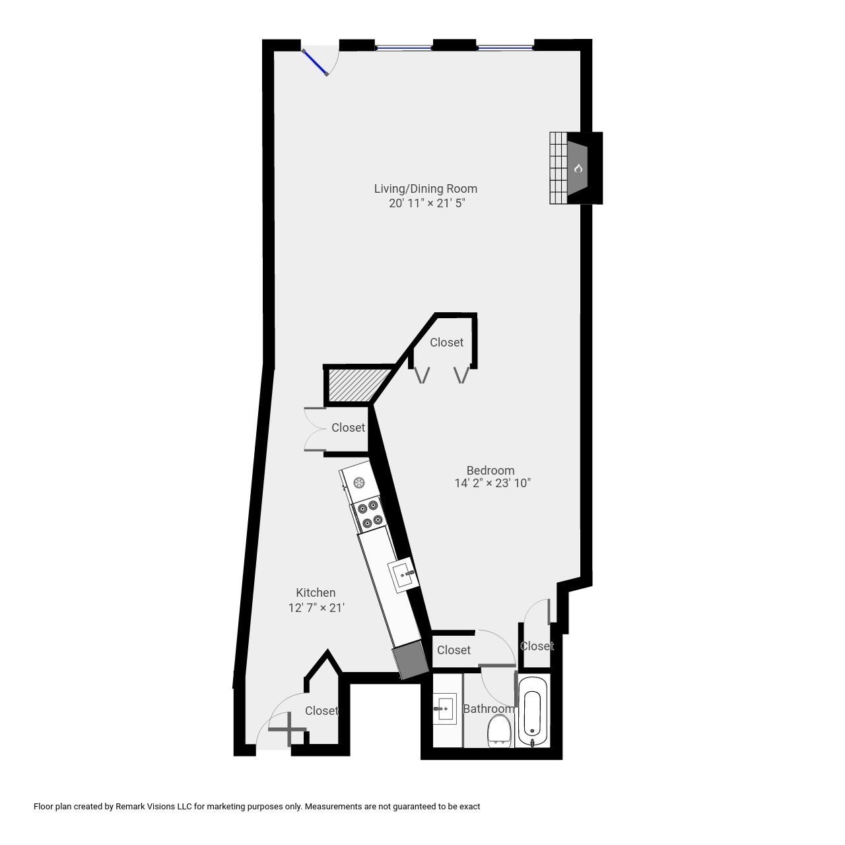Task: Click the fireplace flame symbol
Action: tap(578, 168)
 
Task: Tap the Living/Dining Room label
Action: tap(426, 189)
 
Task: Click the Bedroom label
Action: tap(490, 470)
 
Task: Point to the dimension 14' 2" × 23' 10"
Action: tap(492, 483)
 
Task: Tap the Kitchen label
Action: tap(316, 593)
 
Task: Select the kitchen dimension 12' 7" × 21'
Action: tap(316, 607)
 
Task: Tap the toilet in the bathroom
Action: tap(499, 731)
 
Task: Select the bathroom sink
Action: tap(444, 709)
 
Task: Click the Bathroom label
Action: tap(489, 709)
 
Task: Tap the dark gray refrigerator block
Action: tap(411, 661)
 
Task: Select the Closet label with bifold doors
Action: tap(446, 342)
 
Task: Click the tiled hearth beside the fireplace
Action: tap(558, 168)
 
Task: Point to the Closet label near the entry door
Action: tap(321, 710)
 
